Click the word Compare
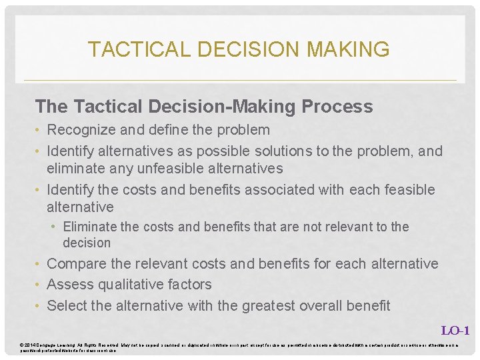[x=75, y=263]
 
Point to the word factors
[x=188, y=284]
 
